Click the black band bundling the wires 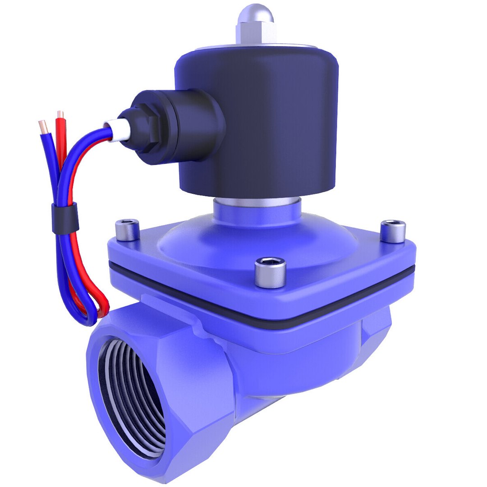[x=64, y=218]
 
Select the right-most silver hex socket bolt [x=392, y=231]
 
